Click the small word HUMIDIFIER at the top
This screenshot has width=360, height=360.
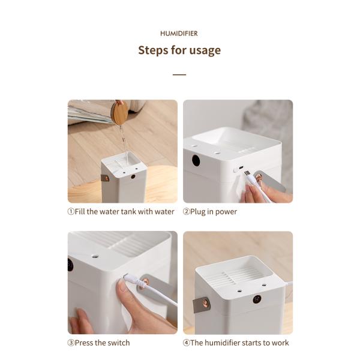179,34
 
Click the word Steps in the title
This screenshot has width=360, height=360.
154,50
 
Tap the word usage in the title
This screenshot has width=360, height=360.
205,50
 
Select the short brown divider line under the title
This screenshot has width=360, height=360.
179,75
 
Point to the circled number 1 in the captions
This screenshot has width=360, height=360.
71,212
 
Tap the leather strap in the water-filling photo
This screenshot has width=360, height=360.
106,178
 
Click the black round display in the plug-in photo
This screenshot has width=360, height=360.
196,160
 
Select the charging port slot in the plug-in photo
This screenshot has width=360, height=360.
241,168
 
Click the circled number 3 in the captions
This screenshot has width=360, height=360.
71,343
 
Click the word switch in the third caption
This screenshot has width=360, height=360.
118,343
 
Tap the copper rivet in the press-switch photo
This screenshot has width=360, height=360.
143,283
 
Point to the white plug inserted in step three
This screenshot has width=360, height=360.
129,278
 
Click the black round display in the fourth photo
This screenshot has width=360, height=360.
257,299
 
